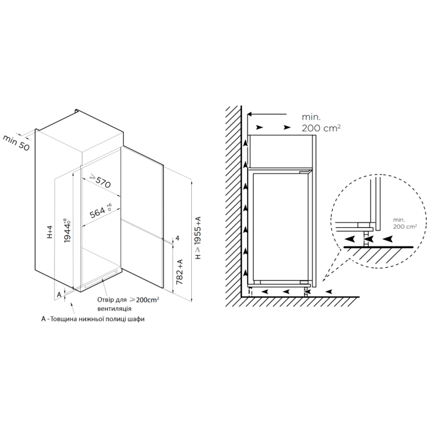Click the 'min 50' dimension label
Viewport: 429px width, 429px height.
[16, 143]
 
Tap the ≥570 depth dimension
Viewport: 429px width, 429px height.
[101, 181]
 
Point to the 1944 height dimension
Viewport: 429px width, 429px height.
[67, 230]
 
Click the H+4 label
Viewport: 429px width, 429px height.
[50, 232]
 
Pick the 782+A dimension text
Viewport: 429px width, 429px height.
[180, 271]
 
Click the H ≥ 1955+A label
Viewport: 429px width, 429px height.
[198, 238]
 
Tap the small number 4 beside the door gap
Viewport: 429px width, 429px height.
[177, 238]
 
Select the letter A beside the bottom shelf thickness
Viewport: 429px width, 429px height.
[59, 295]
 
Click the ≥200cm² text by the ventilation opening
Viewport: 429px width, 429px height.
[145, 300]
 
